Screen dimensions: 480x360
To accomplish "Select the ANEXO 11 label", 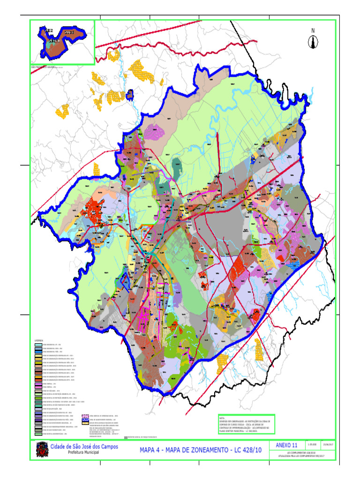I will point(286,445).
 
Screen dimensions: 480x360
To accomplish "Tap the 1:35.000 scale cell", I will point(312,444).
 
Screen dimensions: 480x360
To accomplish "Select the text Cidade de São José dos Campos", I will point(84,447).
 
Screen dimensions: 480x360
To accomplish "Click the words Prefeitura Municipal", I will point(84,453).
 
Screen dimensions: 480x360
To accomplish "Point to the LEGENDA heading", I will point(38,340).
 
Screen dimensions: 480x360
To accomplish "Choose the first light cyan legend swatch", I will point(38,344).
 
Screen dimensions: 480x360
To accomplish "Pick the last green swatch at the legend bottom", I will point(38,434).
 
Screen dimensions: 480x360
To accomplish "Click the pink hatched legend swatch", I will point(85,415).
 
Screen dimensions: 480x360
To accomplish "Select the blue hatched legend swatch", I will point(85,420).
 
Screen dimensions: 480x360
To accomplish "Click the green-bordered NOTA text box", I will point(246,424).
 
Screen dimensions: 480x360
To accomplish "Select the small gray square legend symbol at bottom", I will point(126,438).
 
